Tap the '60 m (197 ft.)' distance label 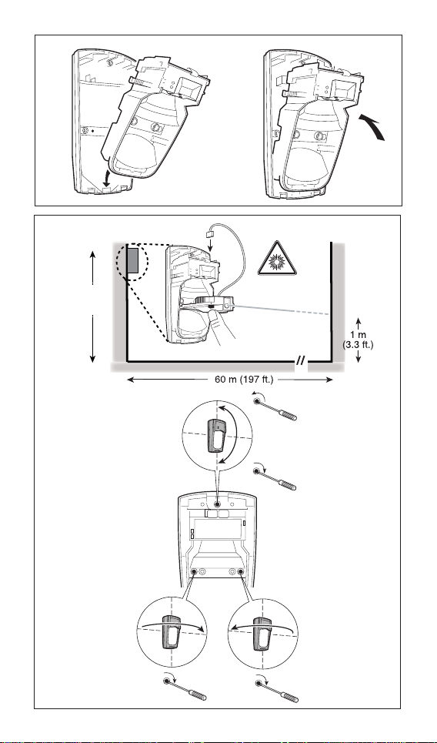click(244, 380)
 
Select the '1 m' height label click(358, 335)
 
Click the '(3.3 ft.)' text click(358, 344)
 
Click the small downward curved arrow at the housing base click(108, 179)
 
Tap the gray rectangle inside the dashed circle click(132, 260)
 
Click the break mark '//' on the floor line click(300, 363)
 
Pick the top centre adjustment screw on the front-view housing click(217, 505)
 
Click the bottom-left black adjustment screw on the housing click(194, 572)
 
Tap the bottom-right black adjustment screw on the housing click(241, 572)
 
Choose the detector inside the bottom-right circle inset click(262, 632)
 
